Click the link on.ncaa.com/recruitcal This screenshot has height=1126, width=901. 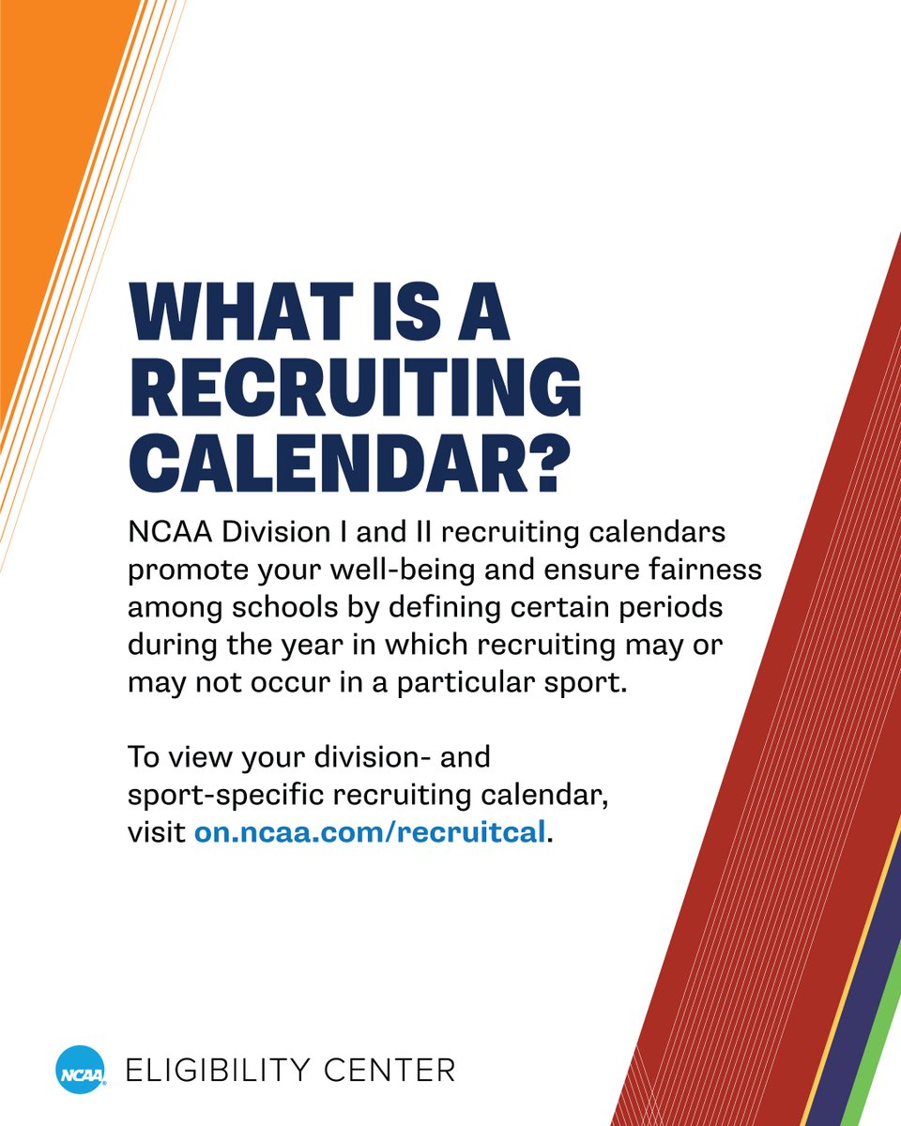[369, 832]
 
